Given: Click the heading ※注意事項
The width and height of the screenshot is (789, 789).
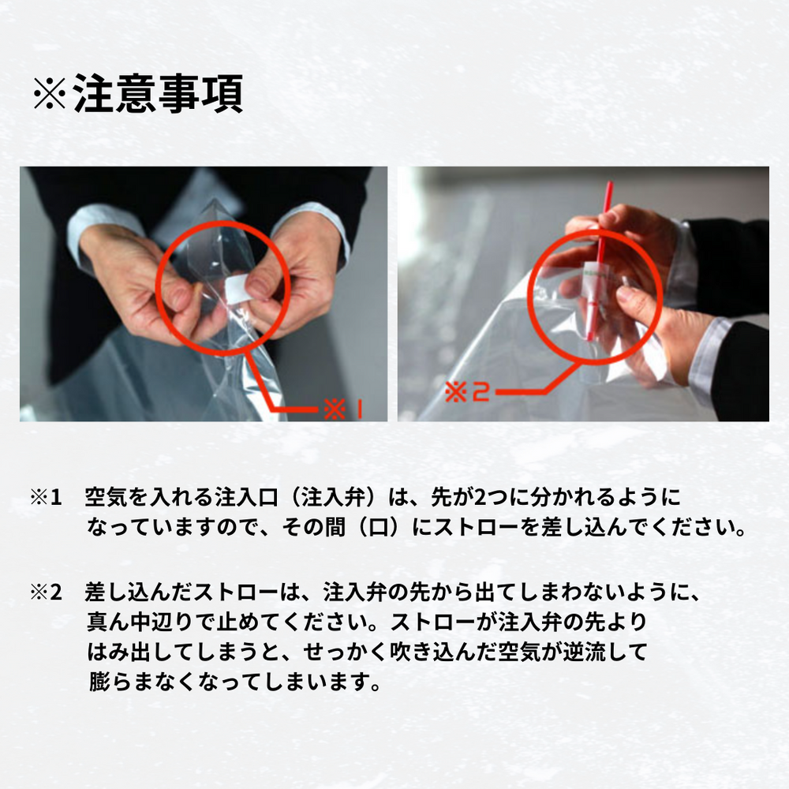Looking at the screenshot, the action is [138, 93].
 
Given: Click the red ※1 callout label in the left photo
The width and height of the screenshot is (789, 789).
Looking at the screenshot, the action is [342, 409].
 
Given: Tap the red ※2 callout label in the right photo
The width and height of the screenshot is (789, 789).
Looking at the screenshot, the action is [467, 391].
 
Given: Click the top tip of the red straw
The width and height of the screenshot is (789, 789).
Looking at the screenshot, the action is [611, 183].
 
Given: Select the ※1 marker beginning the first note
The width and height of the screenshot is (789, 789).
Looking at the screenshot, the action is [46, 498].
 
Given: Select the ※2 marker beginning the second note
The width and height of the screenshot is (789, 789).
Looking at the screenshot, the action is [46, 593].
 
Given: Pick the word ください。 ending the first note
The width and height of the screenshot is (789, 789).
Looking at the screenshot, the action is [694, 527].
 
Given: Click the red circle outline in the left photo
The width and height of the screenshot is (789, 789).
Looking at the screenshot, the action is [157, 287].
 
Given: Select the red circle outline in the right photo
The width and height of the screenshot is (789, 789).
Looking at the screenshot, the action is [530, 296].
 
